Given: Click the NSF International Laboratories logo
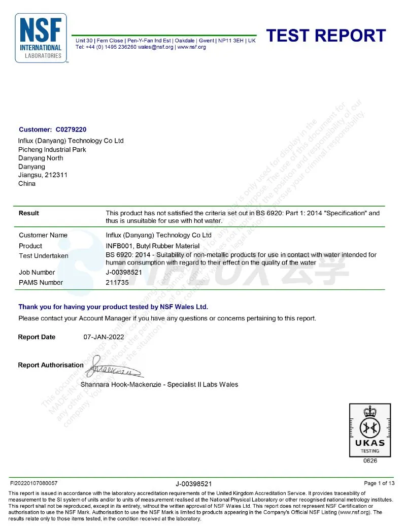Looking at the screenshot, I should point(41,38).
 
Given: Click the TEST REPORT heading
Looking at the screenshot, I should point(326,36).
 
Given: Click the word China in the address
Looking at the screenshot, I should point(27,183).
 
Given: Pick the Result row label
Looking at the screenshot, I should point(29,213).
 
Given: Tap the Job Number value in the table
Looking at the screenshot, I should point(123,273).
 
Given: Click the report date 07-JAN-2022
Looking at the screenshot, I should point(104,337).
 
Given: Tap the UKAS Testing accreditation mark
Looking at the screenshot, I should point(369,430).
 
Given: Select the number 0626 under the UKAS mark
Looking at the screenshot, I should point(369,461).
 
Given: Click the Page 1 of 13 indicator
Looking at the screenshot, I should point(379,483).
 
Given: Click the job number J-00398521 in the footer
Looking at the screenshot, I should point(193,484).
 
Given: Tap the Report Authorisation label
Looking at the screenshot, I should point(51,365).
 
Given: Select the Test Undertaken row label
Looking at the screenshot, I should point(43,255).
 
